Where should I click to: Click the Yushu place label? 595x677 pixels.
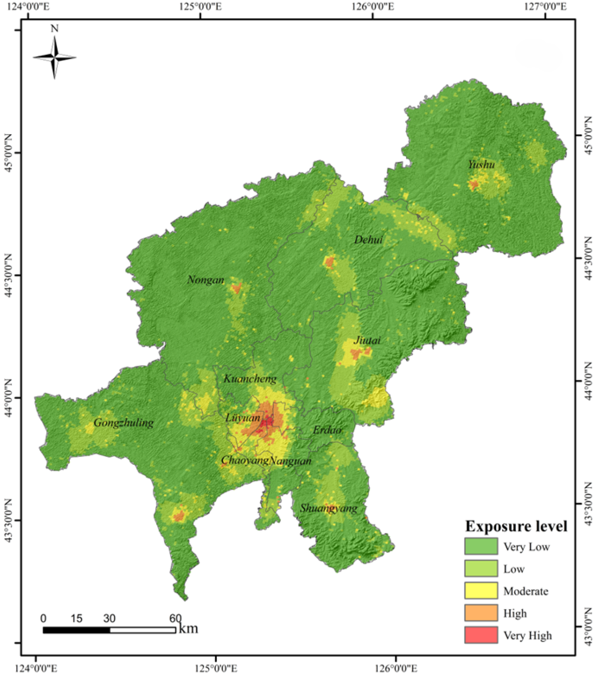tap(481, 165)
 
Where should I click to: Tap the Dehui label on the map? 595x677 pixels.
tap(368, 239)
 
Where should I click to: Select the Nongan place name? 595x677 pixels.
tap(205, 280)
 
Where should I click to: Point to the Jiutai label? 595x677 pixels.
tap(367, 341)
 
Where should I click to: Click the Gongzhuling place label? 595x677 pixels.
tap(124, 423)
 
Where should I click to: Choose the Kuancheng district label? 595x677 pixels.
tap(250, 379)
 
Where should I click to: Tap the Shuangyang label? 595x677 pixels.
tap(329, 508)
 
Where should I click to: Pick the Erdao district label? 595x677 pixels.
tap(328, 430)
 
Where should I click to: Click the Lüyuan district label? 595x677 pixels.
tap(243, 418)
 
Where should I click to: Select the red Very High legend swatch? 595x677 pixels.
tap(481, 635)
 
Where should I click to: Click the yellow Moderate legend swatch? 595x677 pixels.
tap(481, 591)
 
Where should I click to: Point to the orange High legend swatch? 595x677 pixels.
tap(481, 613)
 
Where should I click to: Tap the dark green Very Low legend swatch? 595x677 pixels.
tap(481, 546)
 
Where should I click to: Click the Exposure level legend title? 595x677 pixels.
tap(516, 526)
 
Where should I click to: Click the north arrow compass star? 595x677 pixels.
tap(55, 57)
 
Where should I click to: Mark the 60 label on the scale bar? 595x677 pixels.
tap(175, 618)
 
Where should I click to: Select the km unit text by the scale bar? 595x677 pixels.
tap(188, 628)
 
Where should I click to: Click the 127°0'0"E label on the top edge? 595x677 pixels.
tap(546, 6)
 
